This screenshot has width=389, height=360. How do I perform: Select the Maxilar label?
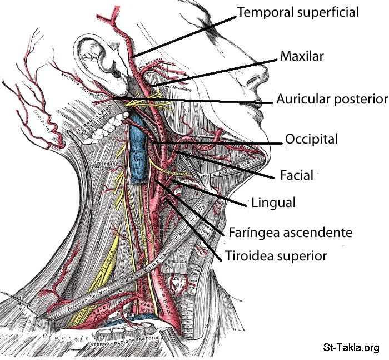click(x=302, y=56)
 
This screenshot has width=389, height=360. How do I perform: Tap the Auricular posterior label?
click(x=331, y=100)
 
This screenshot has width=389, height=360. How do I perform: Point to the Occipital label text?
click(x=311, y=139)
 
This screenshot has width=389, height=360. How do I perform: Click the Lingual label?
click(x=273, y=202)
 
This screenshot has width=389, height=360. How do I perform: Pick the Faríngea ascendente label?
click(x=290, y=232)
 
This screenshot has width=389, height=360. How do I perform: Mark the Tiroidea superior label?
click(x=275, y=256)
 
